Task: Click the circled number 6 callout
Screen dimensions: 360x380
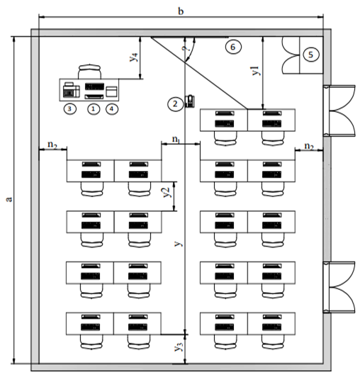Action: [x=233, y=47]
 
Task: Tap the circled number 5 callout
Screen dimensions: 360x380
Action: [x=311, y=55]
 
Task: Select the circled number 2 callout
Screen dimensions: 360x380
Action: [x=176, y=104]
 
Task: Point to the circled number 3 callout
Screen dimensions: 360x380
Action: [x=69, y=108]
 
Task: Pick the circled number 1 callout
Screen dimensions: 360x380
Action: [x=94, y=108]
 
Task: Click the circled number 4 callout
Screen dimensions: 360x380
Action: [x=112, y=108]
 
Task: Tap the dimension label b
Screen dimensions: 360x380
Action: [x=181, y=11]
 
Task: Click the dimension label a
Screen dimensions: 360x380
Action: [x=9, y=199]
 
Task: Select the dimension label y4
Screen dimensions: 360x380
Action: [x=135, y=57]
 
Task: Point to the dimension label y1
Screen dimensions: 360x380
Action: [x=257, y=70]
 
